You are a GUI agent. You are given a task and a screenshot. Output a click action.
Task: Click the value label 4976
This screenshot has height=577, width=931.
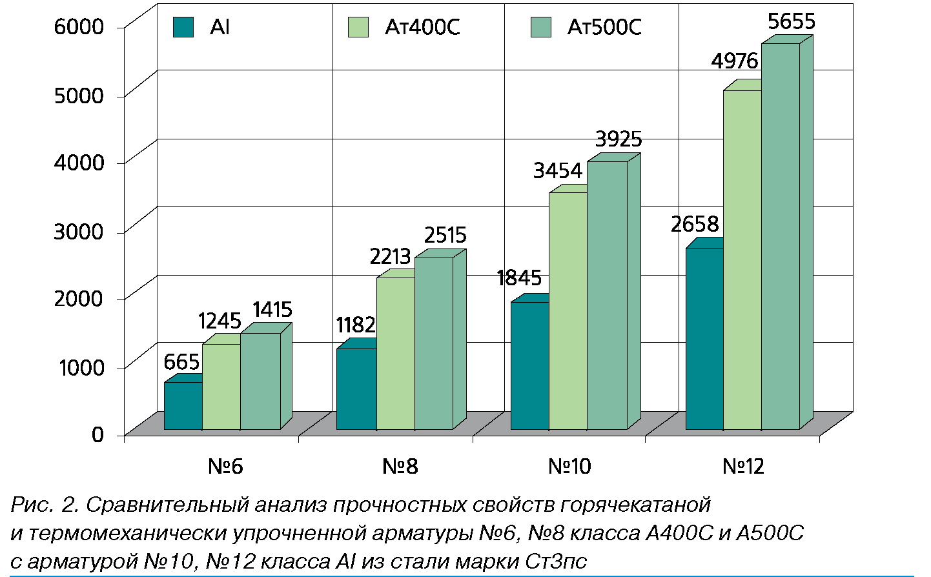click(734, 61)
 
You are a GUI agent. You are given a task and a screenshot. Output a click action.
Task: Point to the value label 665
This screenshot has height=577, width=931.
click(181, 362)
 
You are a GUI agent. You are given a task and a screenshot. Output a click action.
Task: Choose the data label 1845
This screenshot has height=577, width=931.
click(518, 278)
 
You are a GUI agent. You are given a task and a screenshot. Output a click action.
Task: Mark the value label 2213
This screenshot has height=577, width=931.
click(390, 257)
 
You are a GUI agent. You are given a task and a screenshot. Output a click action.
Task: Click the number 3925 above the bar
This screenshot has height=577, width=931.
click(618, 139)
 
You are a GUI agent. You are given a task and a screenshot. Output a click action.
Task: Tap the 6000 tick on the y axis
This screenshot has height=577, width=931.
click(79, 26)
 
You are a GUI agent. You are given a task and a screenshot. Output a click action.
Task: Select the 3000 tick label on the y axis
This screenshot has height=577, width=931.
click(79, 231)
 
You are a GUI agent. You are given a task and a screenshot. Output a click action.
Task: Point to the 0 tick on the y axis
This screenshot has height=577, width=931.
click(97, 434)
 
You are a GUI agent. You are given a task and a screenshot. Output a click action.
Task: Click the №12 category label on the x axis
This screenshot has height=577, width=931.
click(742, 467)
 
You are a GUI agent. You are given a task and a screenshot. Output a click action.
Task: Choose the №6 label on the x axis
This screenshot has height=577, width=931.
click(225, 467)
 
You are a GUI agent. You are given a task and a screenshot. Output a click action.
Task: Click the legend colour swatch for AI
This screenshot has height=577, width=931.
click(183, 27)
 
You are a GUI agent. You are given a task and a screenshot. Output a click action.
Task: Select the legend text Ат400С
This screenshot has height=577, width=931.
click(422, 27)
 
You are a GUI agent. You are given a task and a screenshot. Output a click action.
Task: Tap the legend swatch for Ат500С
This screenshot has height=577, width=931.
click(540, 27)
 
